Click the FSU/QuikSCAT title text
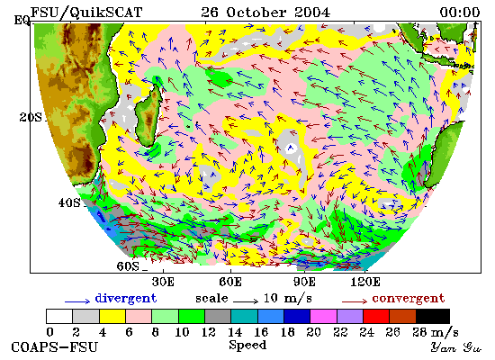click(86, 13)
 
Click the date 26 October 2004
click(265, 13)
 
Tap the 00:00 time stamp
click(460, 13)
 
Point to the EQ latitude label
click(22, 21)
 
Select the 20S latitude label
click(31, 117)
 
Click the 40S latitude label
click(69, 202)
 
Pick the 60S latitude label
click(128, 266)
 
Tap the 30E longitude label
click(163, 282)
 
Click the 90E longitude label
click(304, 282)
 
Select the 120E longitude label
click(365, 282)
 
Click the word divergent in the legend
click(126, 298)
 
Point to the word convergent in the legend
click(409, 298)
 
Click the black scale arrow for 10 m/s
click(246, 301)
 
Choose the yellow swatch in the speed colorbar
click(112, 316)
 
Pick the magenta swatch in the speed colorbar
click(324, 316)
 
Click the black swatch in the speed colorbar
click(433, 316)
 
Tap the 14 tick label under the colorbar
click(235, 332)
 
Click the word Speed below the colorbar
click(247, 346)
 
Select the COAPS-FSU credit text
click(54, 347)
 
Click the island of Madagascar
click(148, 113)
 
